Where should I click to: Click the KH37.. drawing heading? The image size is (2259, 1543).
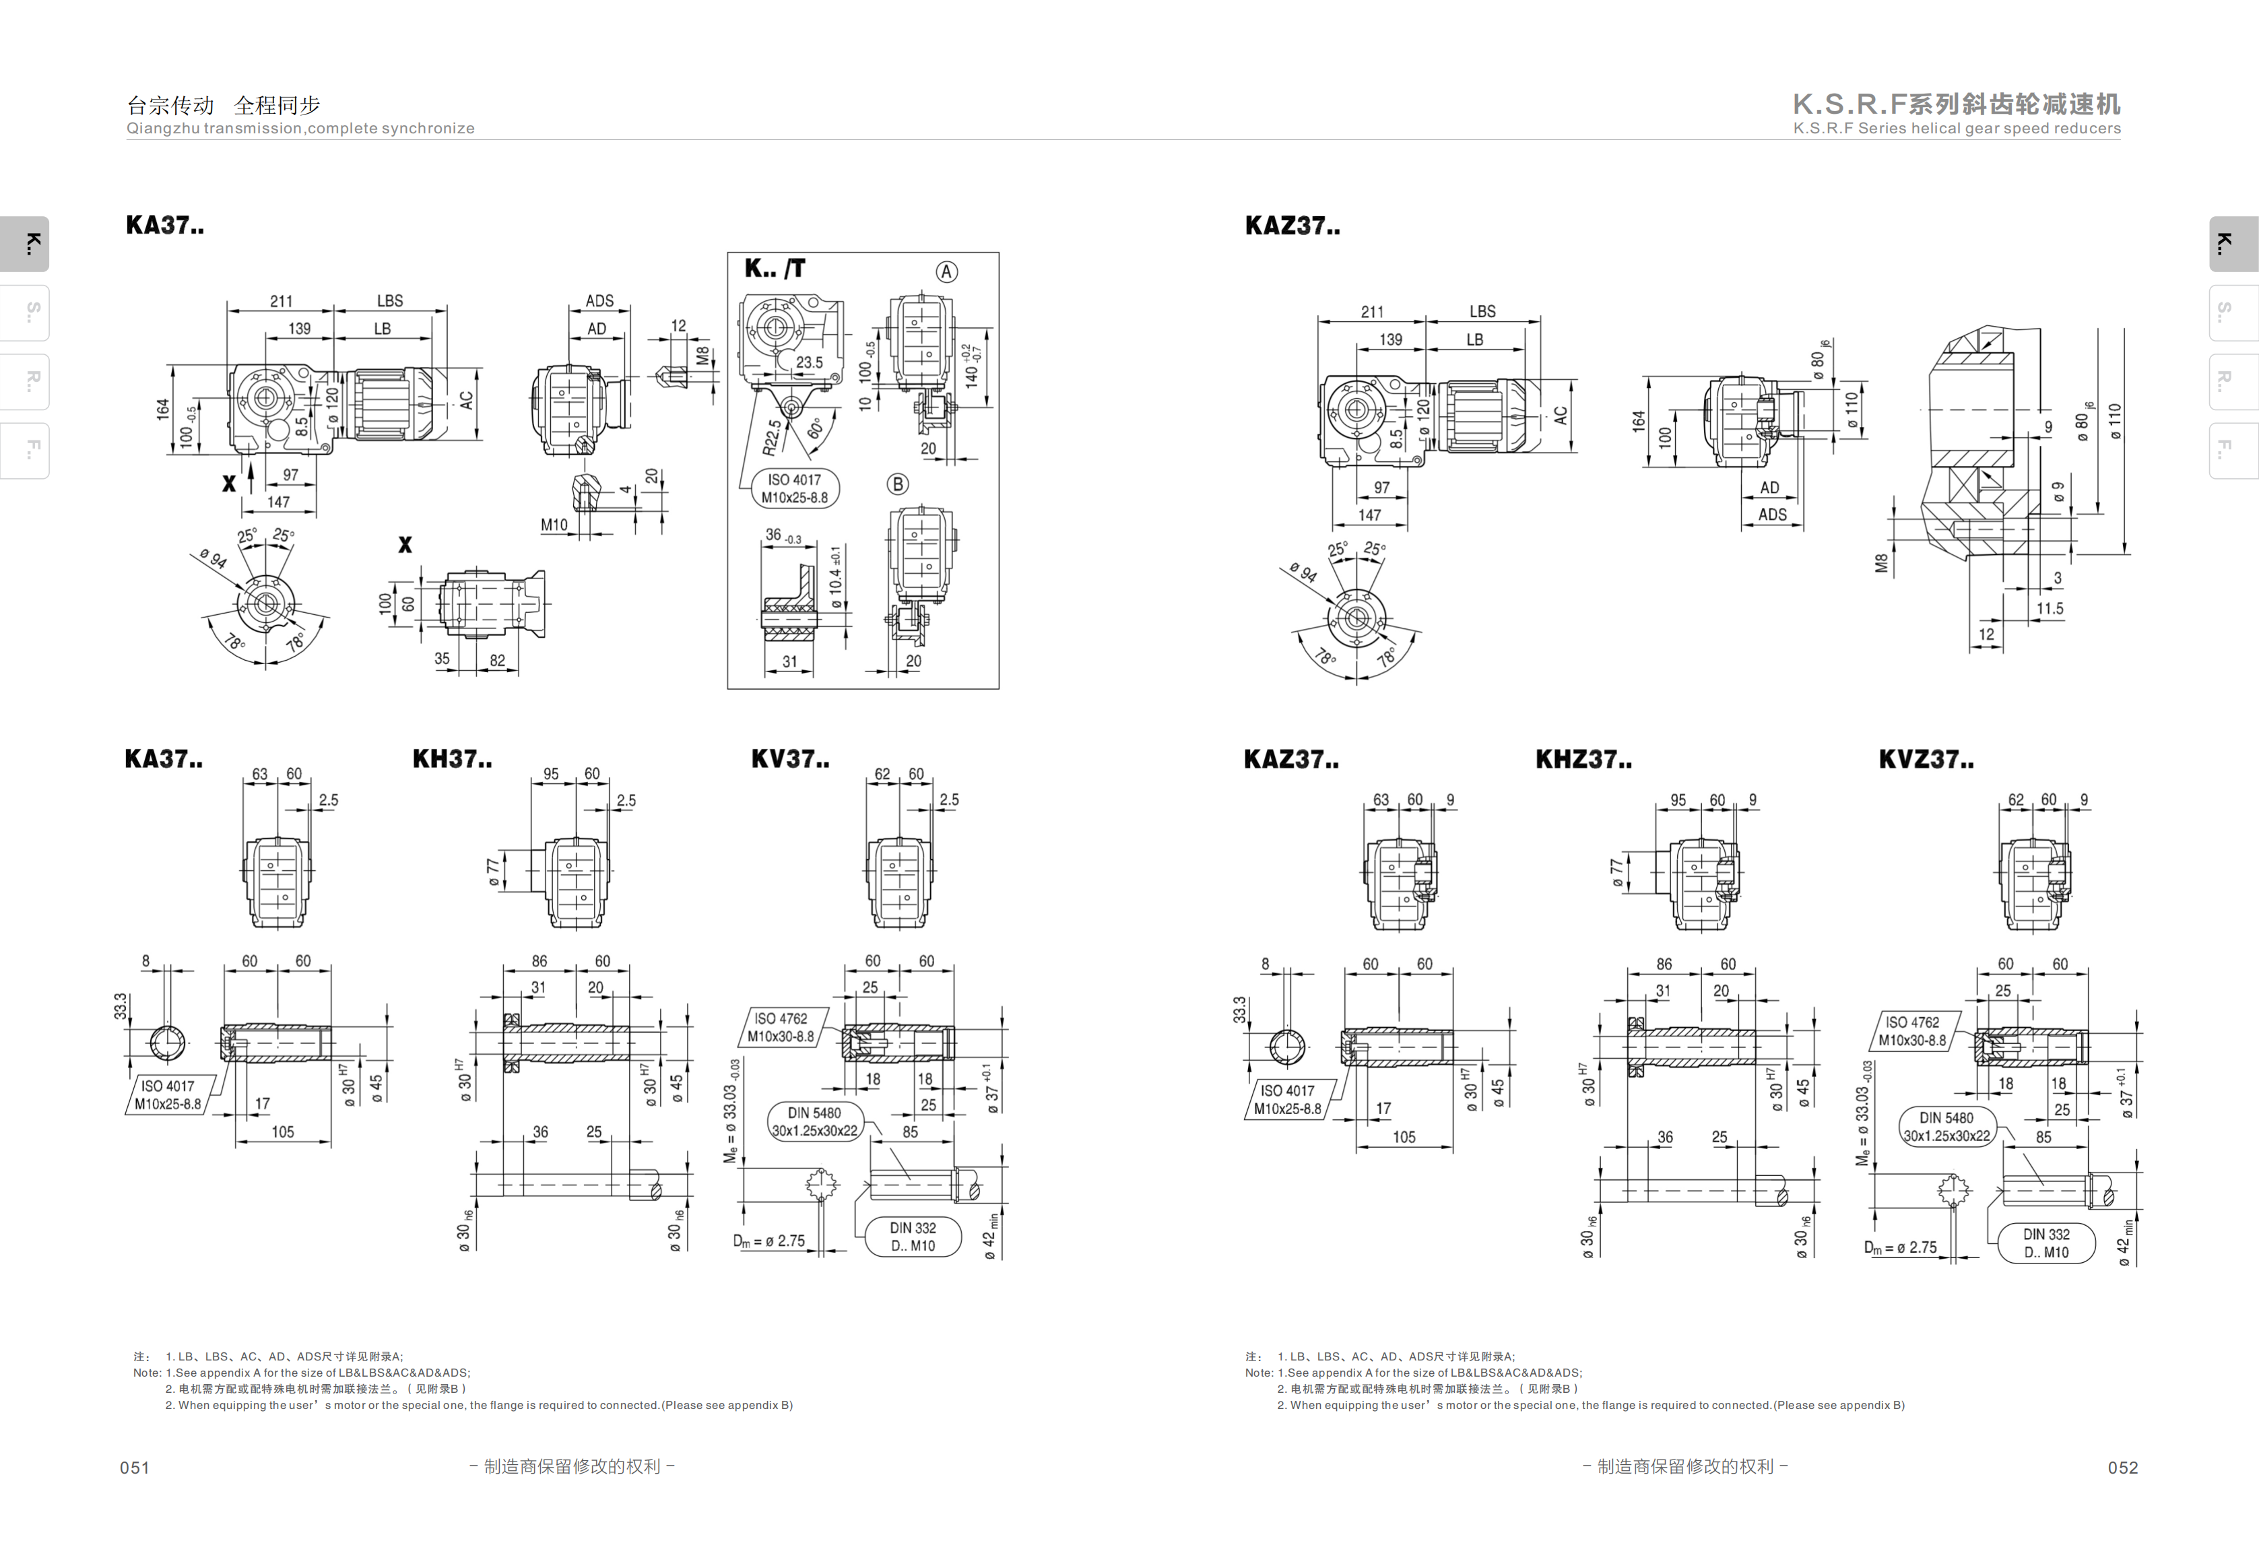(452, 759)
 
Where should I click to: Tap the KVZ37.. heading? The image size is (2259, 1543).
(1926, 759)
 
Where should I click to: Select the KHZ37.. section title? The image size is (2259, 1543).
(1583, 759)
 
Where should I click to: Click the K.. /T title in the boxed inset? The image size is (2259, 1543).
(775, 268)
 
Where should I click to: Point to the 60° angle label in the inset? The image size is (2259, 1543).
(814, 428)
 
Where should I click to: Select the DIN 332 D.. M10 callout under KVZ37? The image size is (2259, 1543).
(2046, 1243)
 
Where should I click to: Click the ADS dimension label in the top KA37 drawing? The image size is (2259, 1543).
(599, 302)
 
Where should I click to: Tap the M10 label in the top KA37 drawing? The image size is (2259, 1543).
(554, 525)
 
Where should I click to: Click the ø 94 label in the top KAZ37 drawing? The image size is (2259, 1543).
(1303, 572)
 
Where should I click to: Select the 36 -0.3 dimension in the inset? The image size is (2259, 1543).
(783, 535)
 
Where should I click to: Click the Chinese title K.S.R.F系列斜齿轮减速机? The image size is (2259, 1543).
(1957, 104)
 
